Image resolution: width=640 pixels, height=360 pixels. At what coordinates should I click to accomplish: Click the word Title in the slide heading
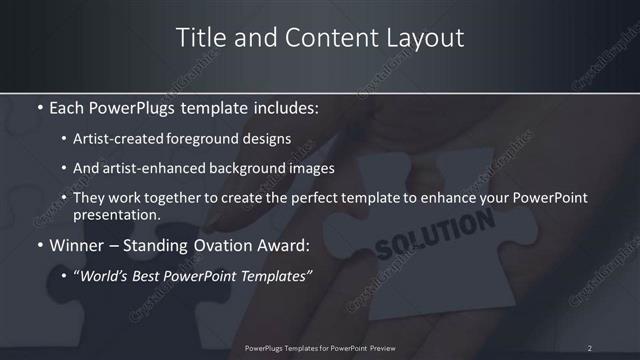[200, 38]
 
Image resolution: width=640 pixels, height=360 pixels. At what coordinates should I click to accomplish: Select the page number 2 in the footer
[589, 348]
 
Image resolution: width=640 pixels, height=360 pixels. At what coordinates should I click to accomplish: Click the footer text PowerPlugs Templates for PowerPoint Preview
[319, 348]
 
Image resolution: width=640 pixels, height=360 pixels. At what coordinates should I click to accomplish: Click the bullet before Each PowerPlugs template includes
[38, 106]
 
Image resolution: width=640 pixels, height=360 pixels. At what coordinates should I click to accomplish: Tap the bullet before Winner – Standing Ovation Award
[38, 244]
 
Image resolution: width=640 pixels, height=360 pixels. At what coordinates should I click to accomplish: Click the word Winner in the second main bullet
[76, 244]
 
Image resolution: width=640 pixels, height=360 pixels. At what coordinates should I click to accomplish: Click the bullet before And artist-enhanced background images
[64, 169]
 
